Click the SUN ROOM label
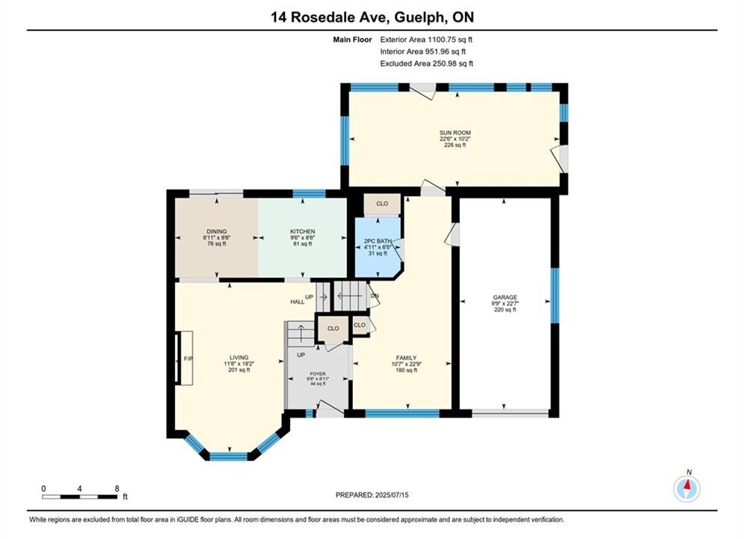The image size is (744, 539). [455, 133]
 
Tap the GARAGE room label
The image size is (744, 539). [505, 297]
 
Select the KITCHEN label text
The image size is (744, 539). [303, 231]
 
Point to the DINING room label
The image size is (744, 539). [216, 231]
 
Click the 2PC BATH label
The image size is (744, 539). [378, 241]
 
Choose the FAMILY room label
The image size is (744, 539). [407, 358]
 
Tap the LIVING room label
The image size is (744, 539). [239, 358]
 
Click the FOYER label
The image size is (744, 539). [318, 374]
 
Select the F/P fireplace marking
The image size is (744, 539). [188, 359]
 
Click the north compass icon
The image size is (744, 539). [686, 487]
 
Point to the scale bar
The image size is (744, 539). [80, 497]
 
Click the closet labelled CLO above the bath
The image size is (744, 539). [382, 204]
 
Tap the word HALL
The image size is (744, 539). [298, 302]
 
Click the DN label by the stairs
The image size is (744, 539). [375, 296]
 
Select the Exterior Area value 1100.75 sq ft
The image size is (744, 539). [426, 40]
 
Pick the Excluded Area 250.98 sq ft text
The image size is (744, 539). [426, 63]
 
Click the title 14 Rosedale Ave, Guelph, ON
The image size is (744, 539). [372, 17]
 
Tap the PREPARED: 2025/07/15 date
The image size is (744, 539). [372, 495]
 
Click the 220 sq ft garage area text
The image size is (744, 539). [505, 310]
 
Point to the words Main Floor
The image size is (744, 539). [352, 40]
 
